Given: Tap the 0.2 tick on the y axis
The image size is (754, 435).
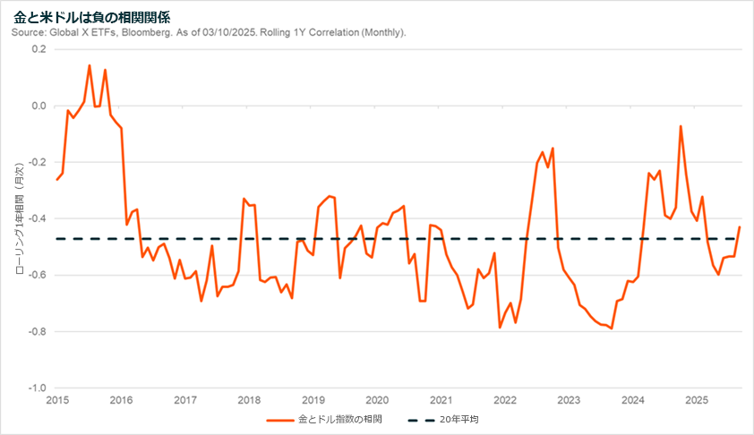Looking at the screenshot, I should (39, 49).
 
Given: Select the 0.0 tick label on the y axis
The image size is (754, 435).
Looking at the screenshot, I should (39, 106).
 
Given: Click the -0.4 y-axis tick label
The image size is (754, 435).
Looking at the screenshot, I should (37, 219).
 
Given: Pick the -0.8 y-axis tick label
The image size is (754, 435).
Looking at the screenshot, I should (37, 332).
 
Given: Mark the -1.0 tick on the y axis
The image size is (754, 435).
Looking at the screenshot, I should (37, 388).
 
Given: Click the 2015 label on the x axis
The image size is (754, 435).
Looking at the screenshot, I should (57, 399).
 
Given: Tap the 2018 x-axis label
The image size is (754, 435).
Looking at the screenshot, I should (249, 399).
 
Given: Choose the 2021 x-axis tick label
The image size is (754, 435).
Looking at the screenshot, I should (441, 399).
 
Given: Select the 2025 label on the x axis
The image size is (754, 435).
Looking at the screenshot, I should (696, 399).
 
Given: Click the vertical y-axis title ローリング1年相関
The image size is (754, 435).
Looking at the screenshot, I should (19, 218).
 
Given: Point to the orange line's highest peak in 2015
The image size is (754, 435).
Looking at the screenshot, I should (90, 65).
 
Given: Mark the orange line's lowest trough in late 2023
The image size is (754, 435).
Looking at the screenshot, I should (612, 328).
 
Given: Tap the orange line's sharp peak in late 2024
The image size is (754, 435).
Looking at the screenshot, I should (681, 126).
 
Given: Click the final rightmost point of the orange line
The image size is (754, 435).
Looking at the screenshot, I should (740, 227).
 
